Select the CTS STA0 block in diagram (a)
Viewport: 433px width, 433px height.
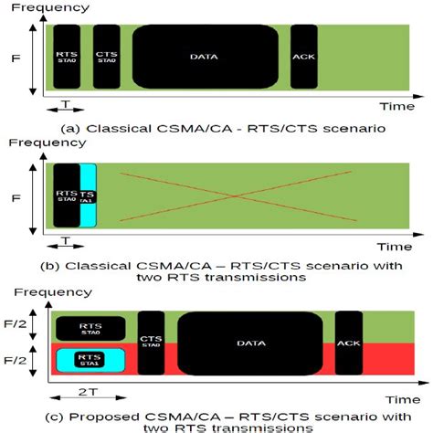106,57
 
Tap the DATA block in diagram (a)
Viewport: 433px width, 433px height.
205,57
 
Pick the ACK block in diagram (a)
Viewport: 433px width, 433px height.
303,57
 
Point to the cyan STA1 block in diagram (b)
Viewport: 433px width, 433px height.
88,195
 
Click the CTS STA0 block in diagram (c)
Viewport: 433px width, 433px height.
151,343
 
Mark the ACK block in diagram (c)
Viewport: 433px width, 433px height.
348,343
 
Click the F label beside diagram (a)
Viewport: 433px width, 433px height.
16,57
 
